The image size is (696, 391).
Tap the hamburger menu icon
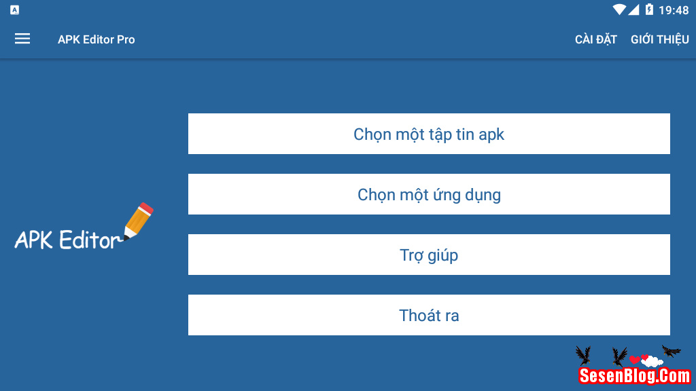point(22,39)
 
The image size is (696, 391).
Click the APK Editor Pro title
point(96,39)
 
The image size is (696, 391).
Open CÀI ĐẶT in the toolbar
point(595,39)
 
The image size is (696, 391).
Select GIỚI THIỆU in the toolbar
point(659,39)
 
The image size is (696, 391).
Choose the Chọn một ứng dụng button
point(429,194)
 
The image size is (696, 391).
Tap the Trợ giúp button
point(429,255)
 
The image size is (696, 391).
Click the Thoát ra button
point(429,315)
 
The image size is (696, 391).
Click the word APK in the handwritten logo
point(34,240)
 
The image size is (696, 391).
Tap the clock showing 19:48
point(674,10)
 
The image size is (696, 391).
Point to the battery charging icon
point(649,10)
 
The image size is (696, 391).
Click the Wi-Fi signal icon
point(619,10)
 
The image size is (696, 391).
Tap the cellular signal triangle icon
point(633,10)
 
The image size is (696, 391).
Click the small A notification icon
point(14,10)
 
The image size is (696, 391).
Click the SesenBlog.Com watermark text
point(635,375)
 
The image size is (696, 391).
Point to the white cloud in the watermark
point(652,361)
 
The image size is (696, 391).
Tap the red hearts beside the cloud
point(638,359)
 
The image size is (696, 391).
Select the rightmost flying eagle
point(672,351)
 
